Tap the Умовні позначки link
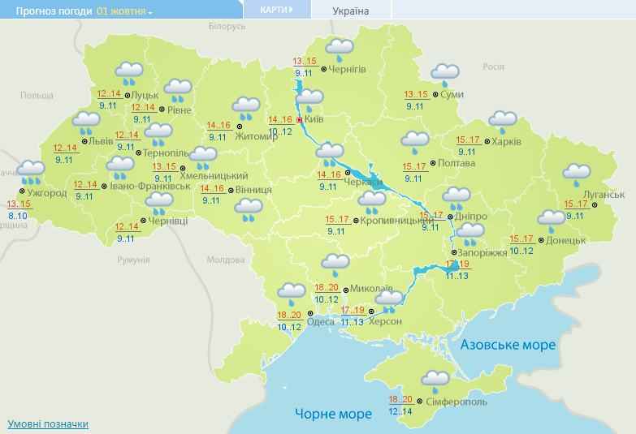pyautogui.click(x=48, y=424)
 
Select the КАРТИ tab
pyautogui.click(x=277, y=10)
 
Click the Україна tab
pyautogui.click(x=351, y=11)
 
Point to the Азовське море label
pyautogui.click(x=508, y=345)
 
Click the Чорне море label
pyautogui.click(x=333, y=414)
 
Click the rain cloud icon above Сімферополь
pyautogui.click(x=435, y=379)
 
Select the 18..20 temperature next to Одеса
pyautogui.click(x=289, y=315)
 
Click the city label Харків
pyautogui.click(x=506, y=142)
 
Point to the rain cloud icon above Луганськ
pyautogui.click(x=577, y=172)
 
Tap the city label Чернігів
pyautogui.click(x=348, y=69)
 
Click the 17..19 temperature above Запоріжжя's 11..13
pyautogui.click(x=458, y=264)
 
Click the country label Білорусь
pyautogui.click(x=227, y=26)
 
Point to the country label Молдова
pyautogui.click(x=225, y=260)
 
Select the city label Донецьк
pyautogui.click(x=566, y=240)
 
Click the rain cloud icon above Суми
pyautogui.click(x=445, y=74)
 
